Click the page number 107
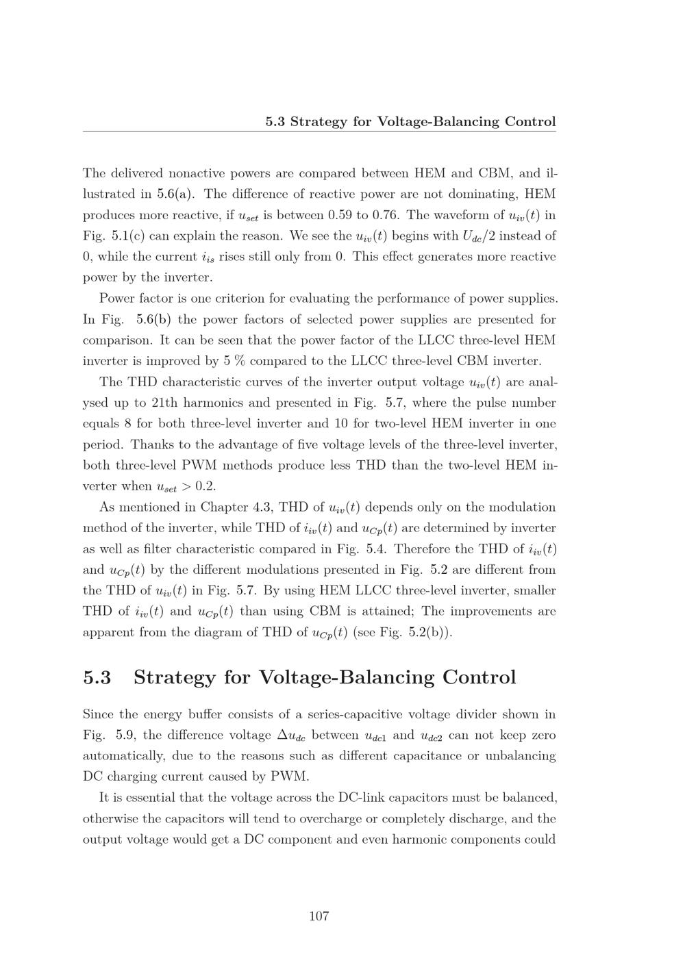319,916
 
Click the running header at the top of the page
410,122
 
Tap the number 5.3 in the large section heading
97,677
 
